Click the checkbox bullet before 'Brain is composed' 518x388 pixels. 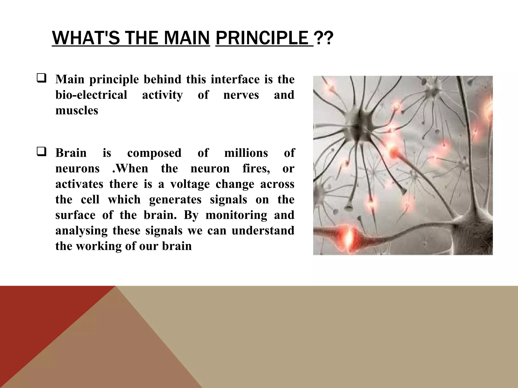click(41, 152)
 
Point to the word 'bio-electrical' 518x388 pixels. click(91, 95)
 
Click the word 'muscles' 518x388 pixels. click(77, 111)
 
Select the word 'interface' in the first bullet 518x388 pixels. click(235, 80)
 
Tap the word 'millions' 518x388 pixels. click(246, 153)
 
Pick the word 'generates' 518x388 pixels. click(175, 200)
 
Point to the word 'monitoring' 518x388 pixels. click(236, 215)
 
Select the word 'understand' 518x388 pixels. click(263, 231)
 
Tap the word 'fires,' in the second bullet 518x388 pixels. click(256, 168)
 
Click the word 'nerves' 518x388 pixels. click(241, 95)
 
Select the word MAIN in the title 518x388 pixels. click(187, 38)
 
